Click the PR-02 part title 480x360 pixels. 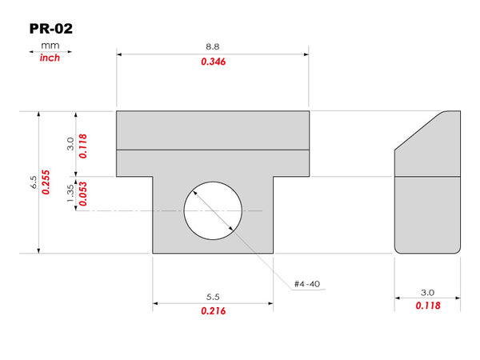pyautogui.click(x=51, y=29)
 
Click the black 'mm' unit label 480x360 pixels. pyautogui.click(x=50, y=46)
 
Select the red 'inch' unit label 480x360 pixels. pyautogui.click(x=50, y=58)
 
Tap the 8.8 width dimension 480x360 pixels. pyautogui.click(x=213, y=46)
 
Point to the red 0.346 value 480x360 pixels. pyautogui.click(x=213, y=62)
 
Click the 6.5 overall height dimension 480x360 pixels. pyautogui.click(x=34, y=182)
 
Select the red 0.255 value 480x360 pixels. pyautogui.click(x=46, y=182)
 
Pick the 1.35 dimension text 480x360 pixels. pyautogui.click(x=70, y=193)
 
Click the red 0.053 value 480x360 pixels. pyautogui.click(x=82, y=194)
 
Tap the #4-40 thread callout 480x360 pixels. pyautogui.click(x=307, y=284)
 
